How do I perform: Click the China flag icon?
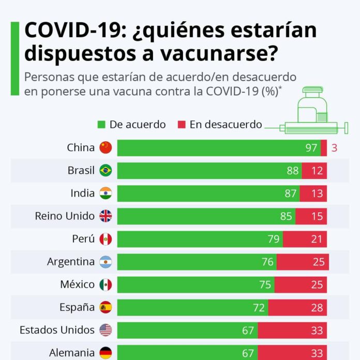[x=106, y=147]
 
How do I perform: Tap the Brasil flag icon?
[x=106, y=170]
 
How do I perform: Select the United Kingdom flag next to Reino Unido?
[x=106, y=216]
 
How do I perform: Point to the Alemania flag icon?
[x=106, y=353]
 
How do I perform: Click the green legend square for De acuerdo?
[x=101, y=125]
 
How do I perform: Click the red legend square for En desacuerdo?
[x=181, y=125]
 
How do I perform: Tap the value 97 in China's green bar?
[x=311, y=148]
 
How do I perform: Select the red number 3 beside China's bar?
[x=334, y=148]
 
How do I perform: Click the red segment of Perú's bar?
[x=305, y=239]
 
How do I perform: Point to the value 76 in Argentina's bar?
[x=267, y=262]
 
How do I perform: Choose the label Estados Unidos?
[x=57, y=330]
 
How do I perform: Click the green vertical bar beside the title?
[x=14, y=58]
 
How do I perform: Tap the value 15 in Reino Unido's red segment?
[x=317, y=216]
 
